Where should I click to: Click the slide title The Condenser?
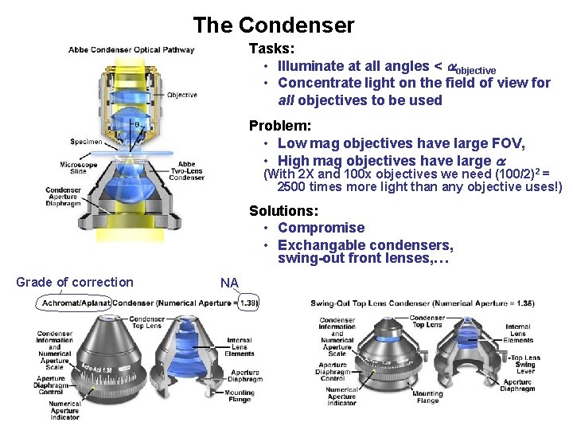click(273, 25)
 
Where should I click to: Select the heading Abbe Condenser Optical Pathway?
click(131, 50)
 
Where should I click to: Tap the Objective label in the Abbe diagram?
click(182, 95)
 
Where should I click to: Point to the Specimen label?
click(86, 142)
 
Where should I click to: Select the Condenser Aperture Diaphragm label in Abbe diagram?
click(64, 197)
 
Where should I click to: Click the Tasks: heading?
click(271, 49)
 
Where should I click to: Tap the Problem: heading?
click(279, 126)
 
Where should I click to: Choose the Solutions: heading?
click(283, 211)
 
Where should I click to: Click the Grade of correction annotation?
click(75, 282)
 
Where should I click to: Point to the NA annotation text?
click(229, 283)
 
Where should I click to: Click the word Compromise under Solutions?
click(321, 228)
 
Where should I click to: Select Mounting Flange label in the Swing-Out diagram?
click(427, 397)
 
